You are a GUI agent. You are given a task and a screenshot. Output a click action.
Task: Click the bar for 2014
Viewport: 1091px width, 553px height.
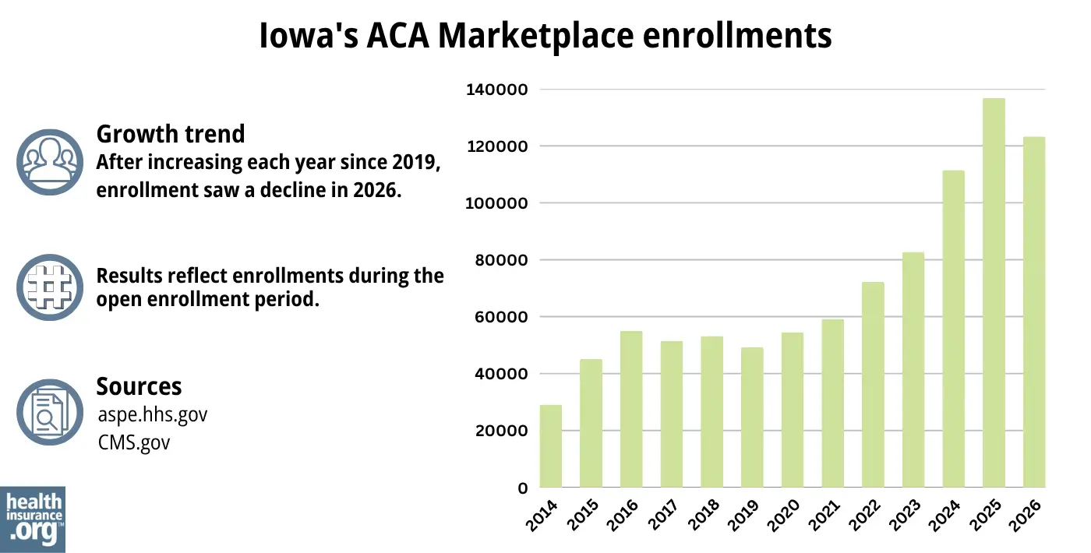pos(550,446)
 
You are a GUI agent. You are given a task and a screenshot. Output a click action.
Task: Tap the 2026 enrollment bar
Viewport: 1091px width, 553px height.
pos(1033,312)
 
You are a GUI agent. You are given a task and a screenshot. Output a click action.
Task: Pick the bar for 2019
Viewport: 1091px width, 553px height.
pos(752,417)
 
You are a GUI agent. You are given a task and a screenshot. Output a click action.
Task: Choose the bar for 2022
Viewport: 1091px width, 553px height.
pos(873,385)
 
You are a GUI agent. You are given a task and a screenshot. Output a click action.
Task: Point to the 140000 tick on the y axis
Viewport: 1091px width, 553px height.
pos(496,90)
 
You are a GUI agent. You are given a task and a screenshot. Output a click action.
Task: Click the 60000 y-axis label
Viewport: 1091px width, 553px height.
pos(500,317)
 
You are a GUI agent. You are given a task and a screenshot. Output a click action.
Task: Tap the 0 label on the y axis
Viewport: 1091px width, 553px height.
pos(523,488)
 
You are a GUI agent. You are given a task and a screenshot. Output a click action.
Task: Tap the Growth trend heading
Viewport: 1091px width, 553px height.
pos(170,134)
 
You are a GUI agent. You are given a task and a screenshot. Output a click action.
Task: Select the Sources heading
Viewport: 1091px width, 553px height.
pos(139,386)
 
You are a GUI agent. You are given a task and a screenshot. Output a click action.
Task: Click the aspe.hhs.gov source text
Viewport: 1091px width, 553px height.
pos(153,414)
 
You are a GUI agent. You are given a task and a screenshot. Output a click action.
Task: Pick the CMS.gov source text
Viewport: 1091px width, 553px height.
pos(134,442)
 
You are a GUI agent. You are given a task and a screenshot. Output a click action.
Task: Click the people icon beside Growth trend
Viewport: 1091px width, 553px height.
pos(50,162)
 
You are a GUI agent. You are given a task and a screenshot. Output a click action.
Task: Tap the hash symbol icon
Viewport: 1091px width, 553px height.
pos(50,287)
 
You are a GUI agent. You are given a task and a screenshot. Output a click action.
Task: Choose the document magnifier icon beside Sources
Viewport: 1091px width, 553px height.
pos(50,412)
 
